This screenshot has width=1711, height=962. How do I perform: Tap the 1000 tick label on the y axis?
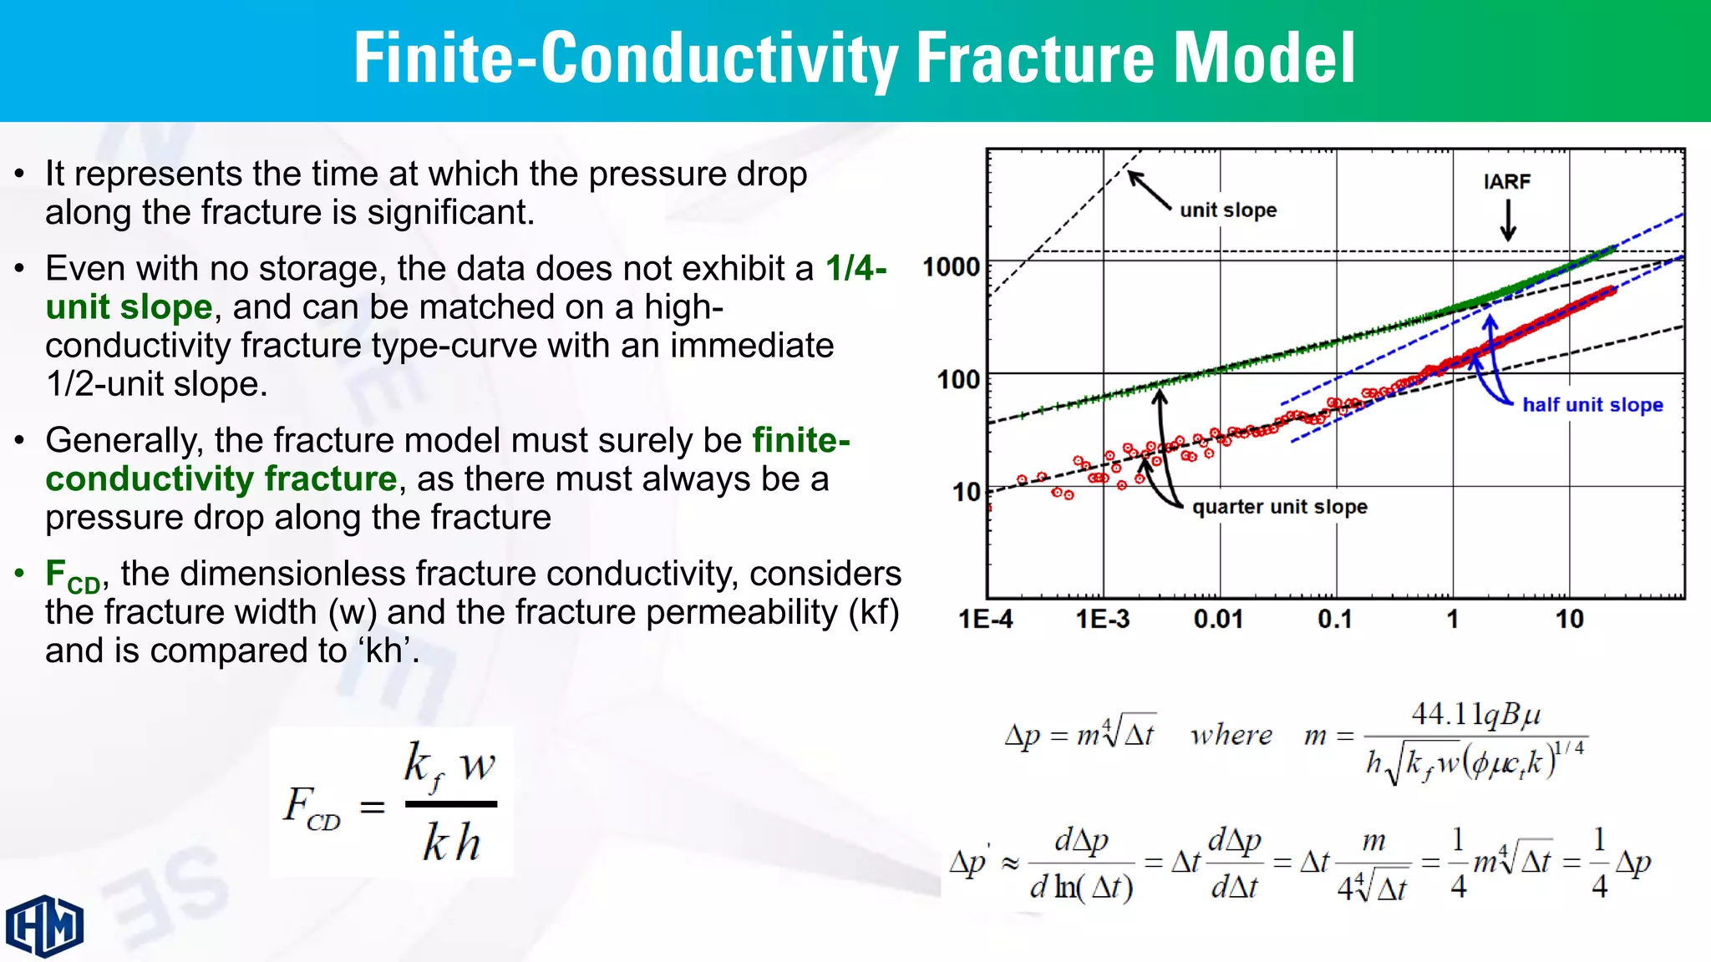point(951,267)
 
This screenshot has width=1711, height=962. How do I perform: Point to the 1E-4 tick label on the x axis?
point(986,619)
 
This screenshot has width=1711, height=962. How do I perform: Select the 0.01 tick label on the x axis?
point(1218,619)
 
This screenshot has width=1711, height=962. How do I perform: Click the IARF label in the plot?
point(1507,181)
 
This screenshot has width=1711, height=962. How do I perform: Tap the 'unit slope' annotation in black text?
point(1228,210)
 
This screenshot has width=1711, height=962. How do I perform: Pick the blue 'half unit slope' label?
point(1592,405)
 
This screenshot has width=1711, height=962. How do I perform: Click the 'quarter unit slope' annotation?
point(1280,507)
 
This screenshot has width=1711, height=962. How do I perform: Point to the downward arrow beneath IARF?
point(1508,221)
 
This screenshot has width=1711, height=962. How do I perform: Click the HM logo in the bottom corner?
point(45,925)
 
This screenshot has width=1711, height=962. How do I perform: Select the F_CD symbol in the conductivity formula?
point(311,808)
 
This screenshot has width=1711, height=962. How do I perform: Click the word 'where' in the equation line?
point(1231,735)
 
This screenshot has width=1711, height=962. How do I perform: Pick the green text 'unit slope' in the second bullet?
point(129,307)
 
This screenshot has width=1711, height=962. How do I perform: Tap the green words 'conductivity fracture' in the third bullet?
point(221,479)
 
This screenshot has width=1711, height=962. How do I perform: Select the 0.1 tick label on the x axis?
point(1335,619)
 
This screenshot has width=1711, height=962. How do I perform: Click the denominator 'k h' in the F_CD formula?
point(451,842)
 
